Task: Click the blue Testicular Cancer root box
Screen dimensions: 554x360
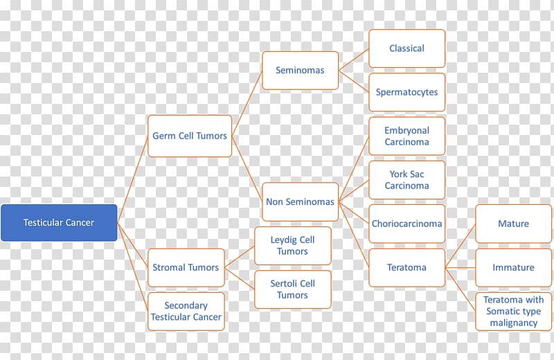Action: point(59,222)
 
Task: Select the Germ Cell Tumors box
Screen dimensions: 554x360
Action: point(190,136)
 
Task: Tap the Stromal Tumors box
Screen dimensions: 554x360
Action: point(186,267)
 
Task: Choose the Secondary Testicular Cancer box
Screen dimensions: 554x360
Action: point(186,312)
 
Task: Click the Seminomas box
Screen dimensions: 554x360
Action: point(301,71)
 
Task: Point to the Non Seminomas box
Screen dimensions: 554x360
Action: point(301,201)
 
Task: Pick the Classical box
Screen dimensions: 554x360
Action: point(407,48)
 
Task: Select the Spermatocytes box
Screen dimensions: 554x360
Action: point(407,92)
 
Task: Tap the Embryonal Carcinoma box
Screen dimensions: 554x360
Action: point(407,136)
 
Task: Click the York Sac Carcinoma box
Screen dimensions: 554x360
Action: point(407,180)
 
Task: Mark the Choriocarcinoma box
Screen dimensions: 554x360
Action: point(407,224)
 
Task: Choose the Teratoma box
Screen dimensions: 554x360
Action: point(407,267)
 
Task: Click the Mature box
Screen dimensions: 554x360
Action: point(514,224)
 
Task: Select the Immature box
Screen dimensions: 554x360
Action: point(514,267)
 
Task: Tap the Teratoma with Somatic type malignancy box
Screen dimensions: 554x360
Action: point(514,312)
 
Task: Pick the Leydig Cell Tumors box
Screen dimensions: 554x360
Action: point(293,246)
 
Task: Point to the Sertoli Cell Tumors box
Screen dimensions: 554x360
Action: point(293,289)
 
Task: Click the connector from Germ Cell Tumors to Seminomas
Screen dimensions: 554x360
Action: point(247,103)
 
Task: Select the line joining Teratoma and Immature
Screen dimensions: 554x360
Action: point(461,268)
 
